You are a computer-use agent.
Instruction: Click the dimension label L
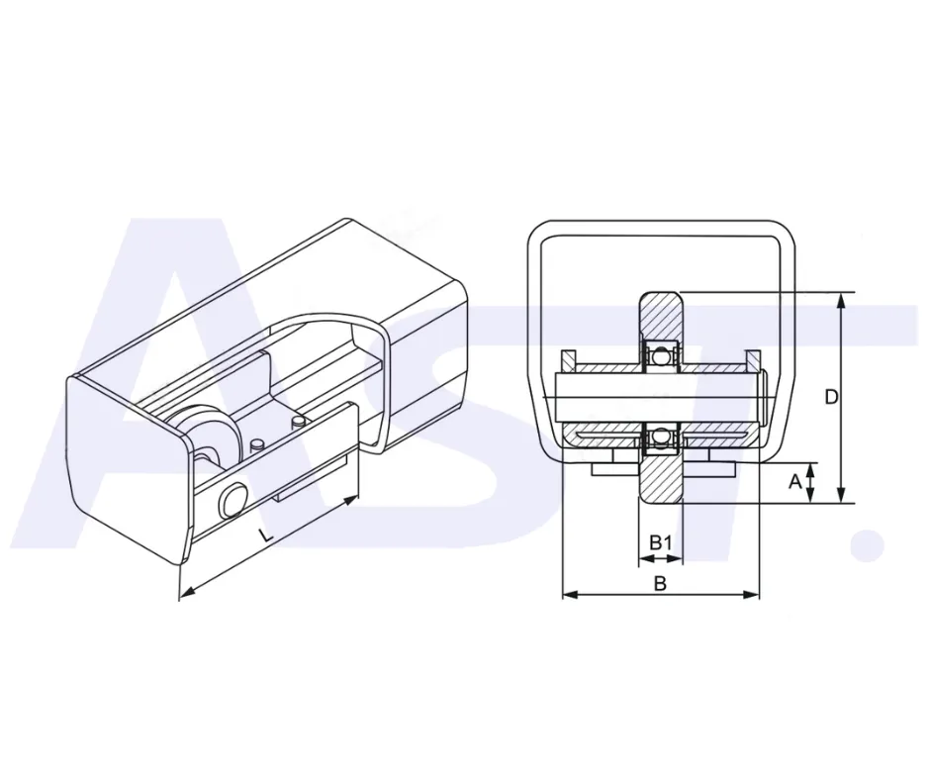(267, 536)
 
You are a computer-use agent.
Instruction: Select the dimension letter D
(831, 397)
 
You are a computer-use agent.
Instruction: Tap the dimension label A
(794, 482)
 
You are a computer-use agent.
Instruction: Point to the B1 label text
(660, 542)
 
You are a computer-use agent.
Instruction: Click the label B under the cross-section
(660, 584)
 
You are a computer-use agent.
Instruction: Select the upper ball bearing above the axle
(660, 356)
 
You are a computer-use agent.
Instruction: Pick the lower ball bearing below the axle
(660, 439)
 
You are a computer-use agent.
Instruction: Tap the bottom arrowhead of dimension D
(840, 495)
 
